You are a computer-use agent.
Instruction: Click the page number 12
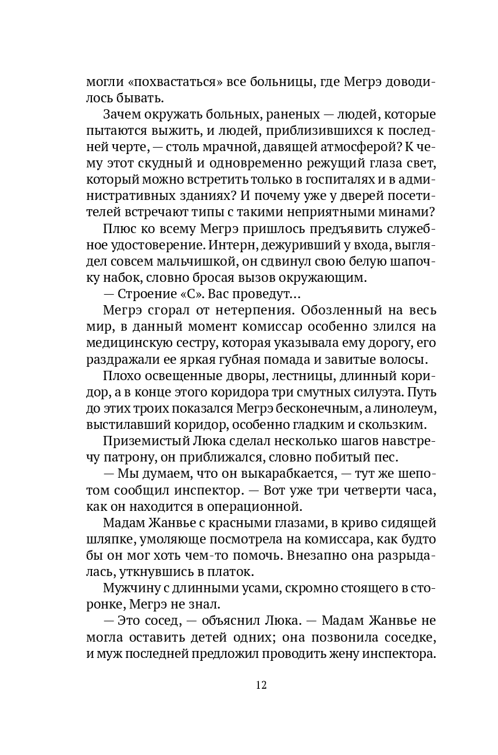point(261,685)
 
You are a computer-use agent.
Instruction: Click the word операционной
point(252,506)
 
